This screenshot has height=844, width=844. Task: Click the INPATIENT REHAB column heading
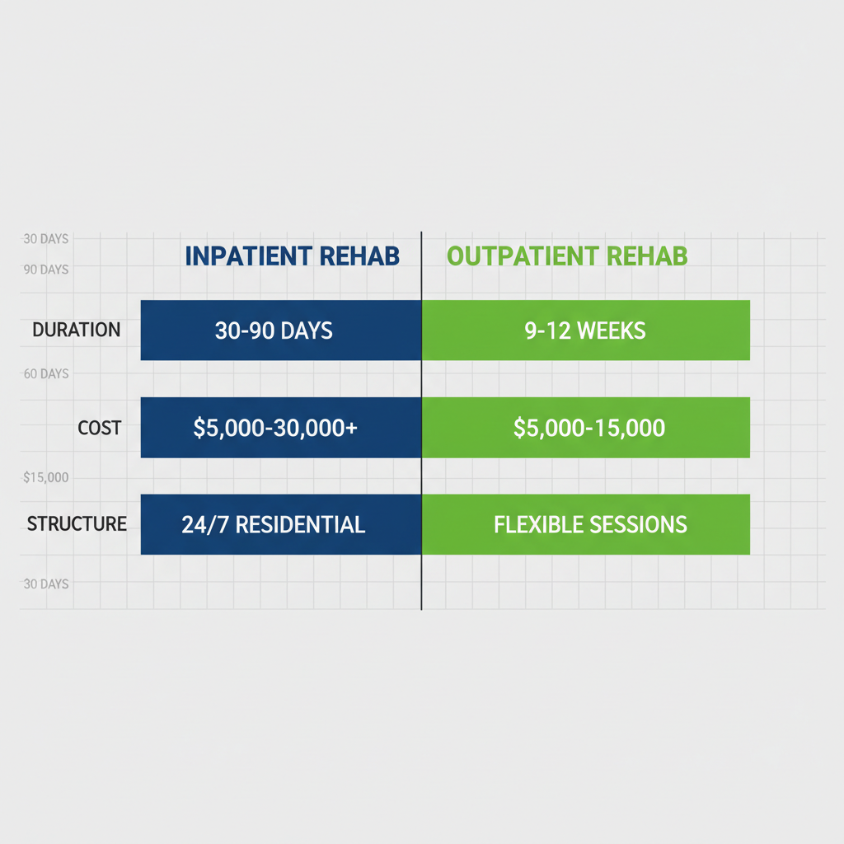(292, 256)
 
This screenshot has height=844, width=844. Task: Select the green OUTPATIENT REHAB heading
(567, 256)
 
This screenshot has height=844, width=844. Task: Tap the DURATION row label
(76, 330)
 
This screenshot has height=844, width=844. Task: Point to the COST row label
(99, 428)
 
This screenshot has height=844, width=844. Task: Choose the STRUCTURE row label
(77, 523)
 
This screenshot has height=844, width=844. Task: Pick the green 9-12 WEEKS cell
(585, 331)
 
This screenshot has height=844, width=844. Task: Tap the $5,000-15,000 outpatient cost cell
(585, 428)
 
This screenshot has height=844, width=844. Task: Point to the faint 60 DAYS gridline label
(46, 374)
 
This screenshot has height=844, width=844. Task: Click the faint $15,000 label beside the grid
(46, 478)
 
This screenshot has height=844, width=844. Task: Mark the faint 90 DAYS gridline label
(46, 270)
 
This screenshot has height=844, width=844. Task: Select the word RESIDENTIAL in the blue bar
(300, 524)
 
